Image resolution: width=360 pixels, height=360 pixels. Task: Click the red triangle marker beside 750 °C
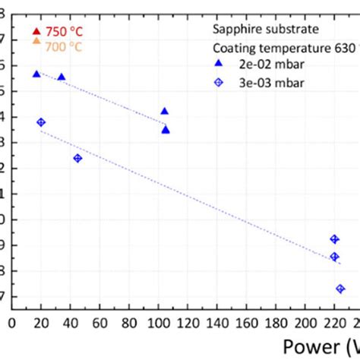pyautogui.click(x=36, y=31)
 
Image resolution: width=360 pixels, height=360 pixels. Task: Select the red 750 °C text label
pyautogui.click(x=64, y=32)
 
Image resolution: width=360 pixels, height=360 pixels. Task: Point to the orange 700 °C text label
pyautogui.click(x=64, y=46)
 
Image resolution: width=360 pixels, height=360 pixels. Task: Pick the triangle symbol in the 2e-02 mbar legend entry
pyautogui.click(x=218, y=65)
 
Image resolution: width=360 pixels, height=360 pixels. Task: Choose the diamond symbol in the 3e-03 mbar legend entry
pyautogui.click(x=218, y=82)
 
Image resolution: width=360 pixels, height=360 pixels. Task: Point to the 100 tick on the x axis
pyautogui.click(x=159, y=323)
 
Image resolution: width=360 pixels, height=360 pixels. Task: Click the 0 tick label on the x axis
pyautogui.click(x=12, y=323)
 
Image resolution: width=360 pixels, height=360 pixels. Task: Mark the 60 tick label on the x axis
pyautogui.click(x=100, y=323)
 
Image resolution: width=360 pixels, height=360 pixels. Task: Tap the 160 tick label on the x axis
pyautogui.click(x=247, y=323)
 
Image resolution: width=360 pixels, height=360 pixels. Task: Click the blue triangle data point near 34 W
pyautogui.click(x=62, y=77)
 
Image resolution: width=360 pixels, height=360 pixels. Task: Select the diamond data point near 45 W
pyautogui.click(x=77, y=158)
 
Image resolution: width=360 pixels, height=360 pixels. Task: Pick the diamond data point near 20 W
pyautogui.click(x=41, y=122)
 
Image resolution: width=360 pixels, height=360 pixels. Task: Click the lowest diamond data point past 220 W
pyautogui.click(x=340, y=289)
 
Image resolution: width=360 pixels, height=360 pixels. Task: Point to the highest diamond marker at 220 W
pyautogui.click(x=334, y=239)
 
